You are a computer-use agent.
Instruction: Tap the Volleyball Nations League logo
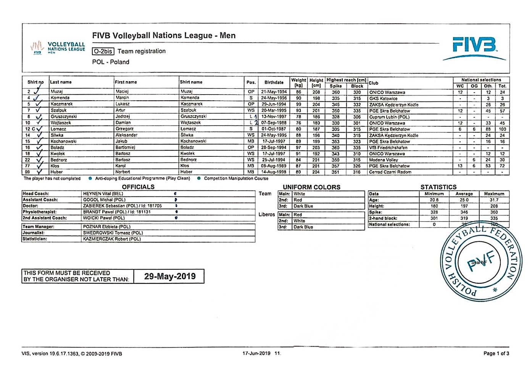58,48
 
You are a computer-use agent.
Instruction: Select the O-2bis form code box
103,51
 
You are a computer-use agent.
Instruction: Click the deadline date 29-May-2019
170,277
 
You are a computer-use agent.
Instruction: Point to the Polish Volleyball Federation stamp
480,262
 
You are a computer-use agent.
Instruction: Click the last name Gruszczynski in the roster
64,117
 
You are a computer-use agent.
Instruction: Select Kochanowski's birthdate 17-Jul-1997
274,141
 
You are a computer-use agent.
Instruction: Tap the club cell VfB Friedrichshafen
388,148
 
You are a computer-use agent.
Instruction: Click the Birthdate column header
274,82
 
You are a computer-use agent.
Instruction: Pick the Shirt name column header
191,82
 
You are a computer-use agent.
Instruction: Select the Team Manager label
39,227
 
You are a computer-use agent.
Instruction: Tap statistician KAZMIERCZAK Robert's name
112,239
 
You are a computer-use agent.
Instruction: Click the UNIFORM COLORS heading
311,187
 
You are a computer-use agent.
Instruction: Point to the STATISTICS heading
438,187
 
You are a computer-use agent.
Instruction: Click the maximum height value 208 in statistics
494,206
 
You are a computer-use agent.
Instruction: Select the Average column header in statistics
464,194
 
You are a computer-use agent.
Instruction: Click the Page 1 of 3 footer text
496,354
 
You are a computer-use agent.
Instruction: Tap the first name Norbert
123,172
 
